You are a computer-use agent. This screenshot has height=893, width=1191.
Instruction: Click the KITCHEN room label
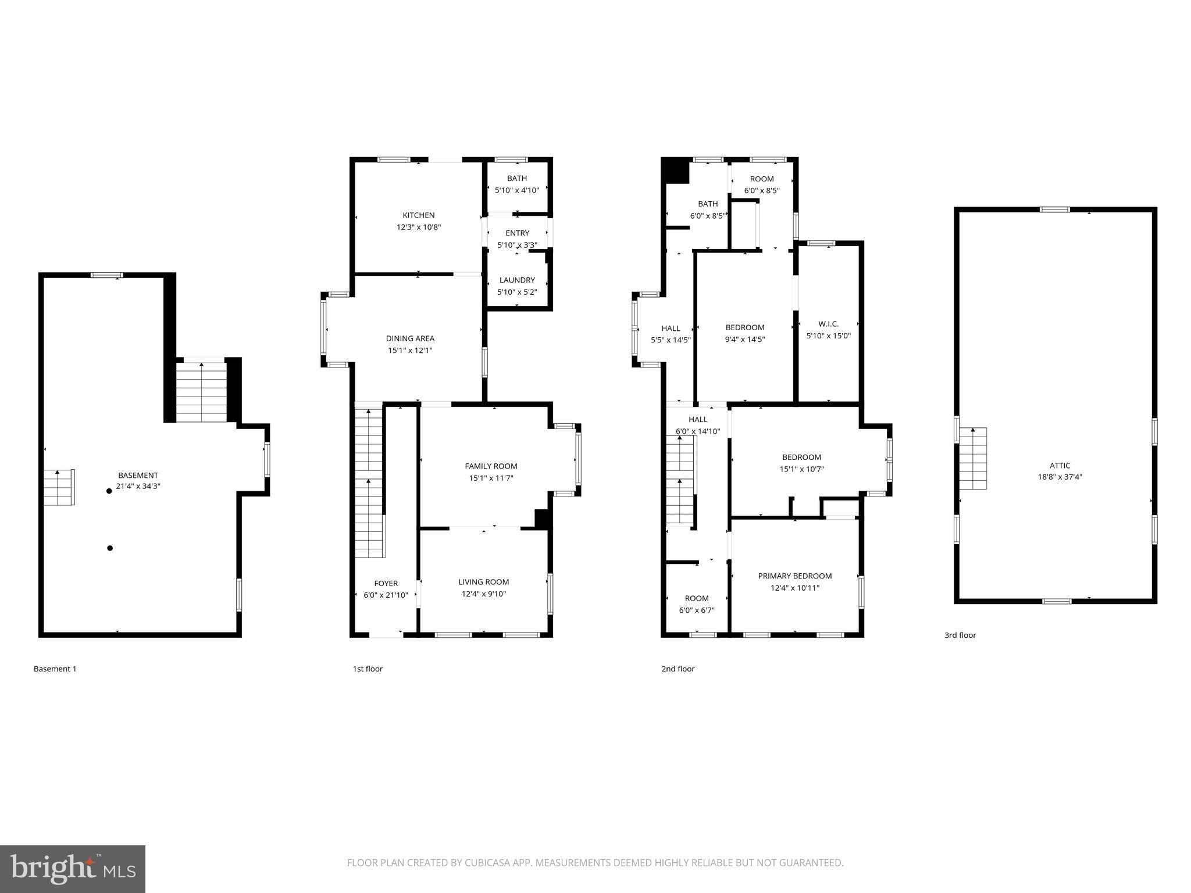(418, 215)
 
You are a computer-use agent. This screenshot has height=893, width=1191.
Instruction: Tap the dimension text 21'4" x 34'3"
(138, 486)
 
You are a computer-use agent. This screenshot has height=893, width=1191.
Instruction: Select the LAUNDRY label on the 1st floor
(516, 280)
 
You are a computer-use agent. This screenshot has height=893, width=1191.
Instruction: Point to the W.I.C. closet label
(828, 324)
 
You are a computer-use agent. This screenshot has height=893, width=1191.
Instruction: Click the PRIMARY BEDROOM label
(794, 576)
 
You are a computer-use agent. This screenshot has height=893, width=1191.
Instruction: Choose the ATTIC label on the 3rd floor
(1060, 465)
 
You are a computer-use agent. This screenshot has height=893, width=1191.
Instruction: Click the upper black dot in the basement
(109, 491)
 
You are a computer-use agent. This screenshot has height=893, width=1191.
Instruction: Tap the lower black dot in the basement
(110, 548)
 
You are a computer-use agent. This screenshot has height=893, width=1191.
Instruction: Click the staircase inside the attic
(972, 459)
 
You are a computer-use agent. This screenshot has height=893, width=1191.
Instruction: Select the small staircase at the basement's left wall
(59, 487)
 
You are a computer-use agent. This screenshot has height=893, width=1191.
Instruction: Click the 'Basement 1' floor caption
(55, 669)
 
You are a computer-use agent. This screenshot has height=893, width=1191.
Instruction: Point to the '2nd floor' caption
(677, 669)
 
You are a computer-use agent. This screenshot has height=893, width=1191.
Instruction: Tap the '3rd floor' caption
(960, 635)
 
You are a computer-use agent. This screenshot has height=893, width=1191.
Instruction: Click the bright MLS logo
(73, 869)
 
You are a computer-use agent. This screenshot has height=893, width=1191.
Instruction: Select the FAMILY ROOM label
(491, 466)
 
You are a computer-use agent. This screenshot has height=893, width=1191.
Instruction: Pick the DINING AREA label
(410, 338)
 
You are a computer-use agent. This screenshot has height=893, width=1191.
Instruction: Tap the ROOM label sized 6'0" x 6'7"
(696, 598)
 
